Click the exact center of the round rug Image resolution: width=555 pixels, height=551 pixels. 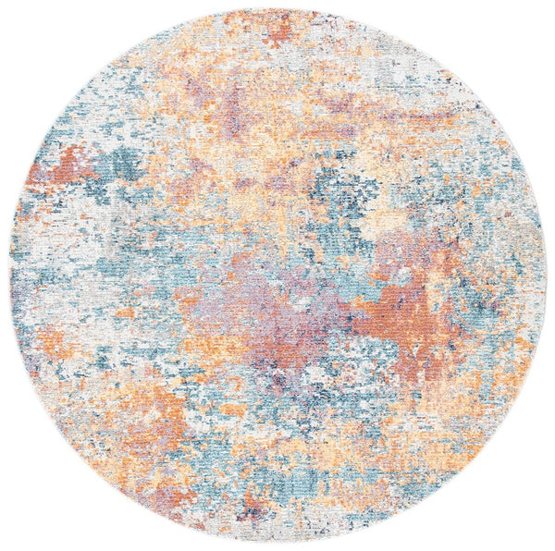point(277,275)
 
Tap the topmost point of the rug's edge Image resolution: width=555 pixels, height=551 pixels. point(277,8)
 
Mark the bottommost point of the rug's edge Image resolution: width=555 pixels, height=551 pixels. point(277,544)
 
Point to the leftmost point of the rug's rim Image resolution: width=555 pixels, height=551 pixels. point(8,275)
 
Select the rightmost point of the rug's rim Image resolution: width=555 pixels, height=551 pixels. point(547,275)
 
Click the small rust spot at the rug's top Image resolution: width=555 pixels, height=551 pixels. point(277,30)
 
